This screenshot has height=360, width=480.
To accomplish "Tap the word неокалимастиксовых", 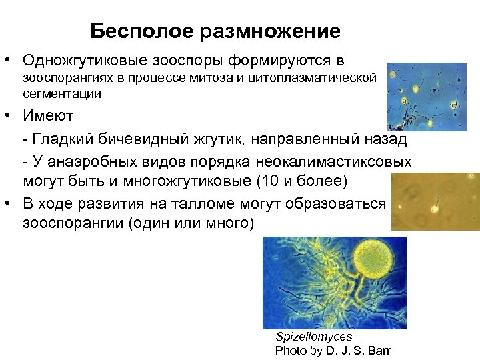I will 331,161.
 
